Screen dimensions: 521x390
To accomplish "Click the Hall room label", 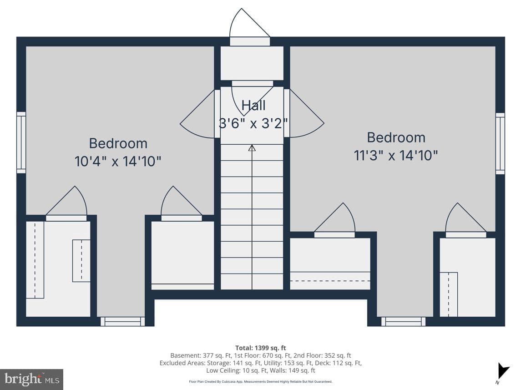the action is [x=253, y=105].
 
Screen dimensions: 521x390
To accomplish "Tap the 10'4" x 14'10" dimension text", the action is [x=118, y=162].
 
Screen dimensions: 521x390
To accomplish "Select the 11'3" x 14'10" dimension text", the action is [x=396, y=155].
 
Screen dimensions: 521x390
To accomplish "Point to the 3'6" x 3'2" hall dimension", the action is [x=253, y=123].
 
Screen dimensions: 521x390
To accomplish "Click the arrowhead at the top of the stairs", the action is [x=252, y=148].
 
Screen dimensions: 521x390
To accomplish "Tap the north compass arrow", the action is [x=502, y=371].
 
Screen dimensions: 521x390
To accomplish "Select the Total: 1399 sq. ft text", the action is [x=260, y=348].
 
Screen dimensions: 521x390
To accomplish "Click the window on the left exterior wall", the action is [x=21, y=142].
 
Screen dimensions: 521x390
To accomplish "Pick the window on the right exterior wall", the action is [x=500, y=143].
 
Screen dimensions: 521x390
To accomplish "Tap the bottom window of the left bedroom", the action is [x=122, y=321].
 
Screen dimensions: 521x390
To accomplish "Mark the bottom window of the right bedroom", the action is [x=403, y=321].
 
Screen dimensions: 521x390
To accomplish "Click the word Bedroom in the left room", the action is [x=118, y=143].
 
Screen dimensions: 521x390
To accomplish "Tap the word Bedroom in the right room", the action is [x=396, y=137].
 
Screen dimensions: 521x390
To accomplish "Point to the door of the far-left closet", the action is [x=66, y=203].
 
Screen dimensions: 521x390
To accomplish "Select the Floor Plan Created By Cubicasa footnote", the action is [x=260, y=382].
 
